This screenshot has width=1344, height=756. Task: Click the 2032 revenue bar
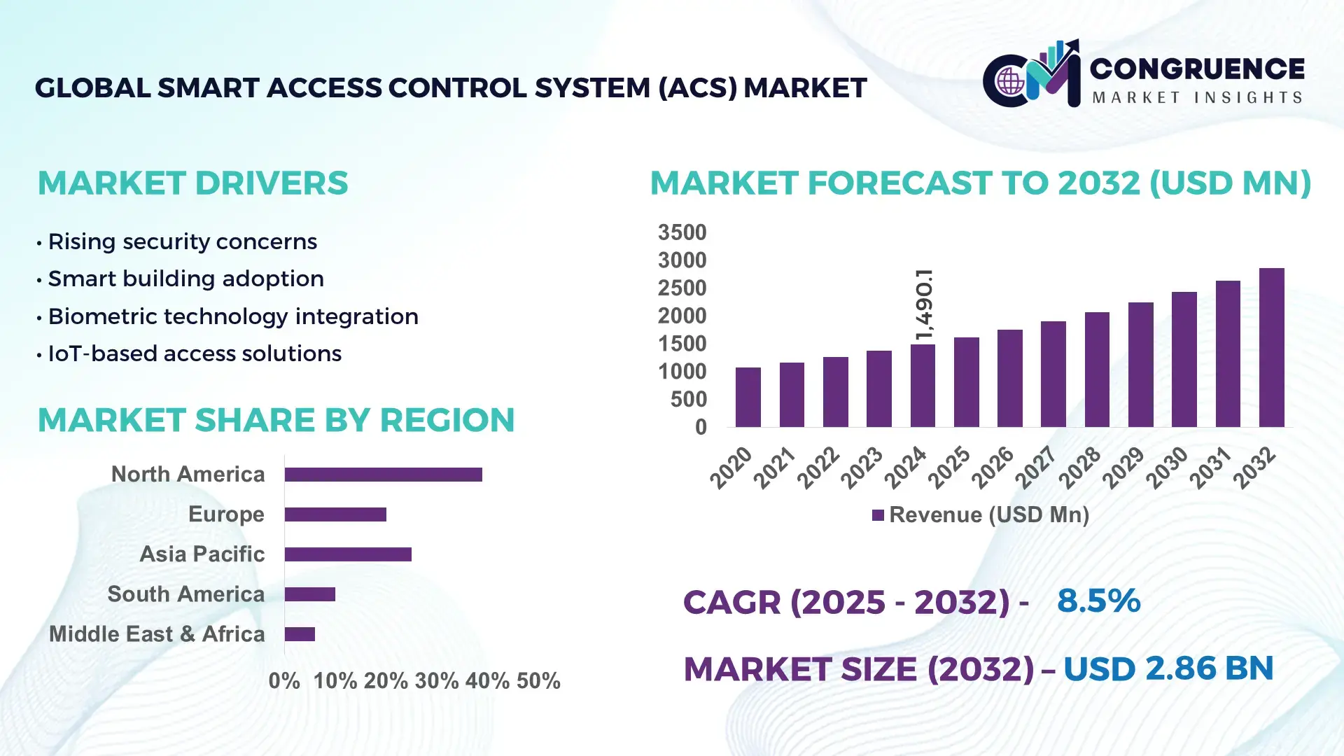1271,348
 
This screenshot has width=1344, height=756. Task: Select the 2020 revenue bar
748,397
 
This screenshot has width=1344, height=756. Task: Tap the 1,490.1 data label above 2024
924,304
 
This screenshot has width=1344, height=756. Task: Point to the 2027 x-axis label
1036,467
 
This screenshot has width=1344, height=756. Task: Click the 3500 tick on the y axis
682,232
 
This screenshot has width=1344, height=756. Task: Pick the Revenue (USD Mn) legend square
878,515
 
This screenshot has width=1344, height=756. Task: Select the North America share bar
383,475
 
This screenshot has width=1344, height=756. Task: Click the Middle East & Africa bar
300,634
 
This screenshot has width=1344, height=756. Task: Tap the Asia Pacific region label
202,554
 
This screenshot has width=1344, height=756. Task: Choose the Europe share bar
335,514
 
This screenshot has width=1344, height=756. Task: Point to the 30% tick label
436,680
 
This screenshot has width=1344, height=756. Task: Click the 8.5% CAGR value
1098,601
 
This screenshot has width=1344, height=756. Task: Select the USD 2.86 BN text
1168,668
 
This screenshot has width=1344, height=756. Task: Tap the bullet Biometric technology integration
232,316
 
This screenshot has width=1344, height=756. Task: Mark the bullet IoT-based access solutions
194,353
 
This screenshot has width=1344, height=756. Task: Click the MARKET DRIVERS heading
192,183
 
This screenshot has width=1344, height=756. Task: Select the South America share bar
309,594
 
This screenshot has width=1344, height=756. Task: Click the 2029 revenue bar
1140,365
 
